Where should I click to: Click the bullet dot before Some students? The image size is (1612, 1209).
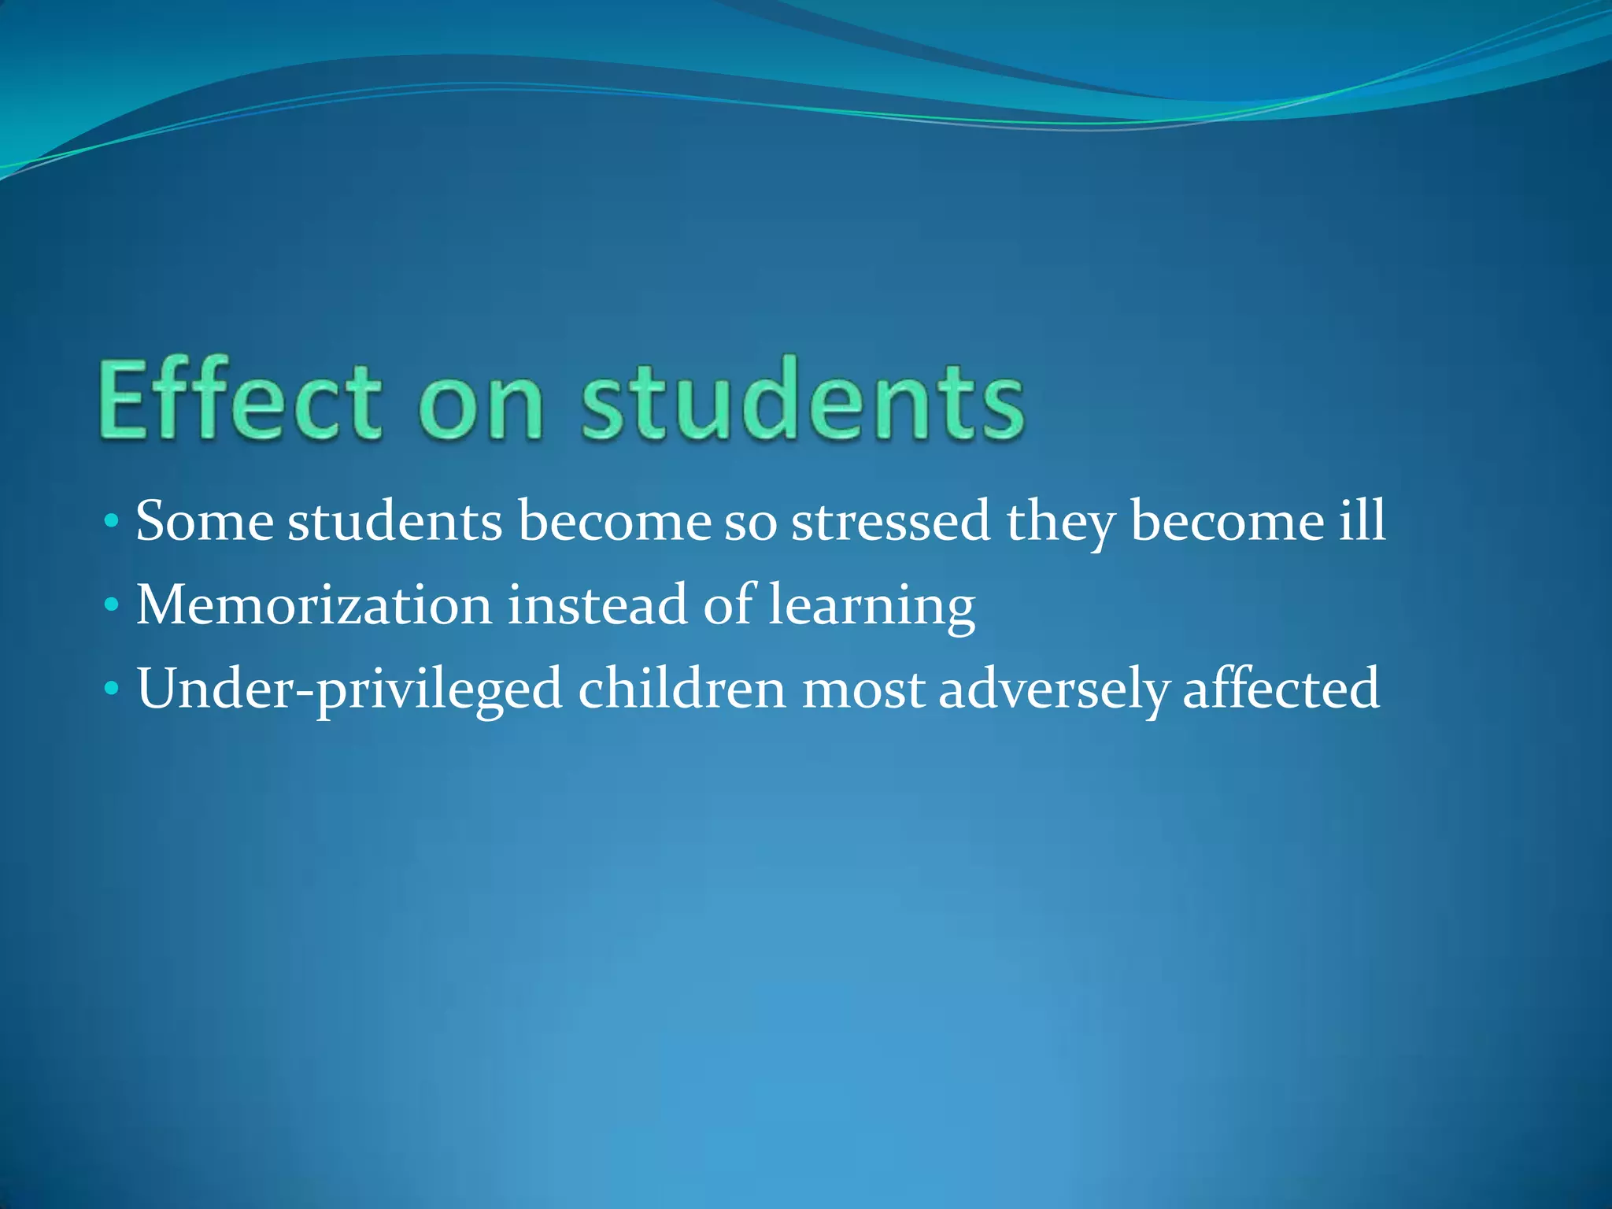click(112, 521)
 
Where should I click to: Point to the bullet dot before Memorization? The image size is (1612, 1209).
click(112, 605)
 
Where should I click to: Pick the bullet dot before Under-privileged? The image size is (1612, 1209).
click(112, 689)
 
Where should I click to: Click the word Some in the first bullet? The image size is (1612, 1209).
click(205, 521)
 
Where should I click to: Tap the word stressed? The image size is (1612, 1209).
click(890, 521)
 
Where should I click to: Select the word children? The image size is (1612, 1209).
click(682, 689)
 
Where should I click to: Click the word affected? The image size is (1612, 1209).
click(1281, 689)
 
